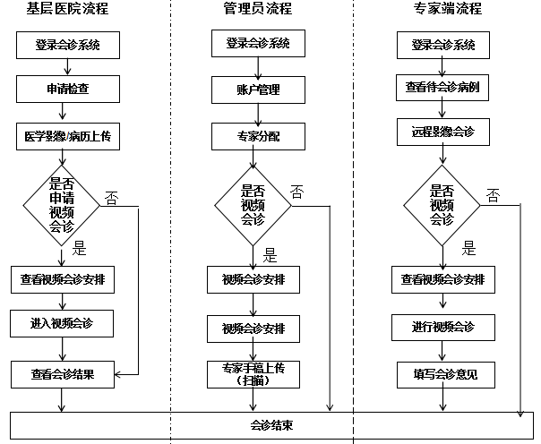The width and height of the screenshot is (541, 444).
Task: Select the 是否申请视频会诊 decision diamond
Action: click(x=62, y=202)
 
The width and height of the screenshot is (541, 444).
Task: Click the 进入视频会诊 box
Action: click(x=63, y=322)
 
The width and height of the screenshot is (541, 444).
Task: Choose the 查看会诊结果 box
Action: click(x=63, y=373)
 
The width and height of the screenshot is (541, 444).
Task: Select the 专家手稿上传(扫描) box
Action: click(x=253, y=373)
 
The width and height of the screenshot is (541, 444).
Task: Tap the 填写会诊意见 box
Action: click(x=442, y=373)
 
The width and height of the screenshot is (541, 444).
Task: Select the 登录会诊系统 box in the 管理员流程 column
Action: click(x=258, y=43)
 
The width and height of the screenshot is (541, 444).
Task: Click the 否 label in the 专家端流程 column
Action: click(x=493, y=195)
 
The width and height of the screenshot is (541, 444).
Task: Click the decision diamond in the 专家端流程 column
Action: click(x=442, y=203)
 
